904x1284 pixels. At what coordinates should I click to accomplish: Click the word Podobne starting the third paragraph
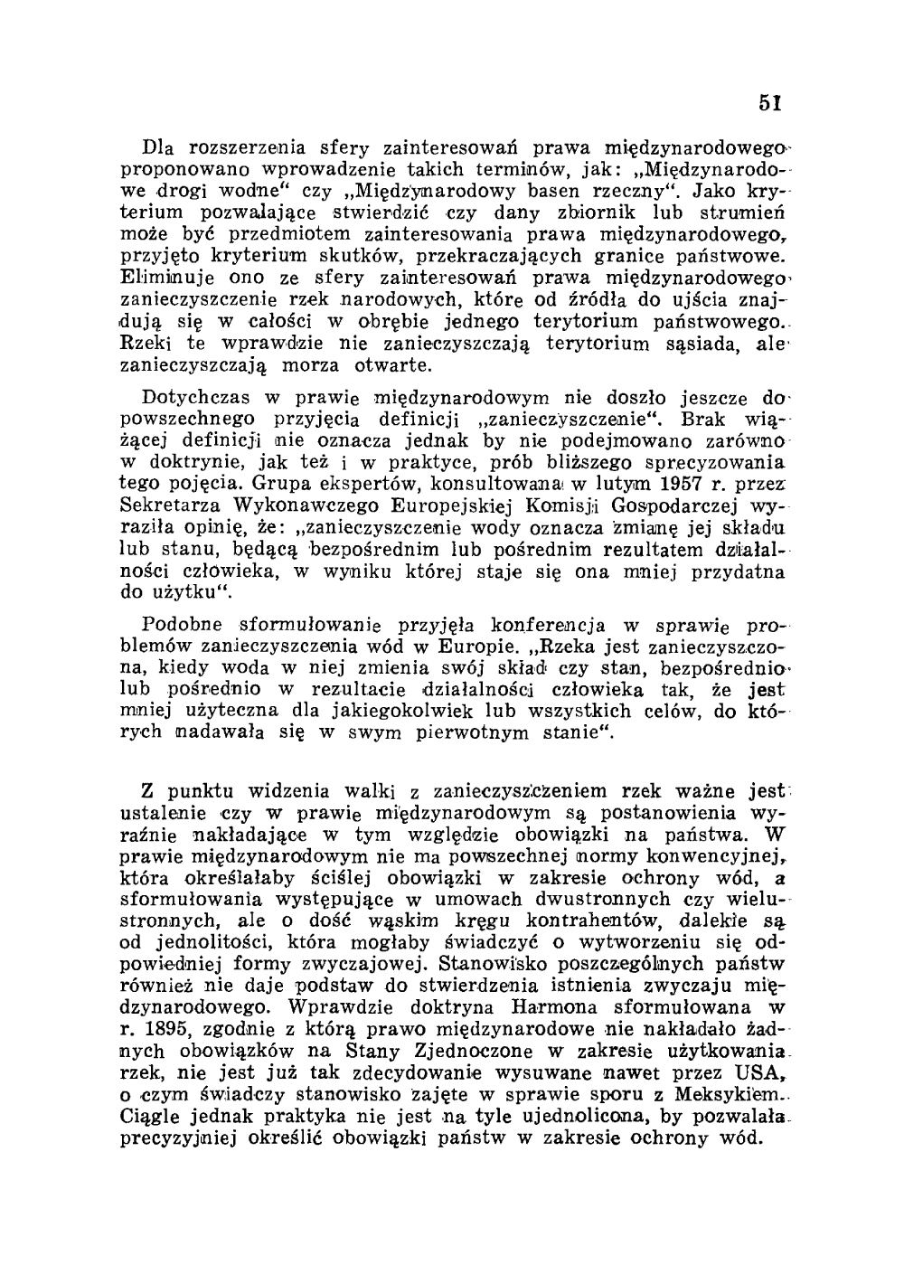pos(183,626)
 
